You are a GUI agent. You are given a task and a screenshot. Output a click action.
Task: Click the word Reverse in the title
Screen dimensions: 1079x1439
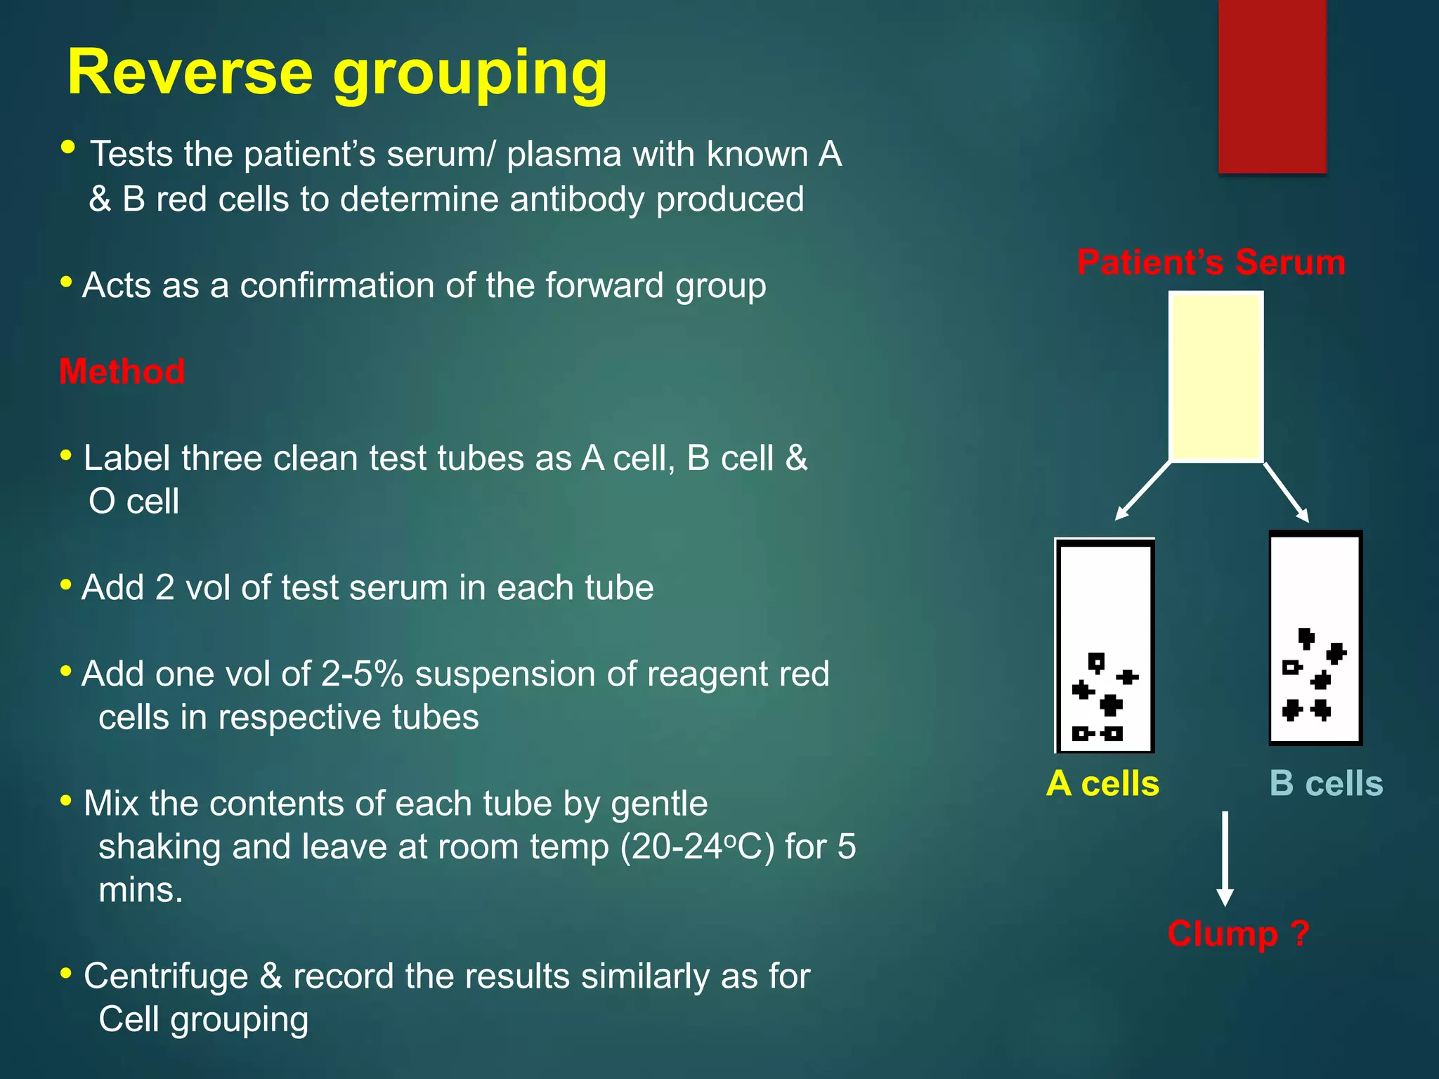pyautogui.click(x=190, y=73)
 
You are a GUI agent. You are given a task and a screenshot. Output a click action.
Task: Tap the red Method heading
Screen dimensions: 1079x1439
pyautogui.click(x=122, y=371)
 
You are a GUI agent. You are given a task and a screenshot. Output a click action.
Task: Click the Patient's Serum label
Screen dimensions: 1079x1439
pyautogui.click(x=1211, y=262)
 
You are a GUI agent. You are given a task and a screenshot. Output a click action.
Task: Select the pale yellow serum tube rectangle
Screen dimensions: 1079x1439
pyautogui.click(x=1216, y=377)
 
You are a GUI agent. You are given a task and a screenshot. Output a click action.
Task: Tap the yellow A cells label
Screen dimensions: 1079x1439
pyautogui.click(x=1102, y=783)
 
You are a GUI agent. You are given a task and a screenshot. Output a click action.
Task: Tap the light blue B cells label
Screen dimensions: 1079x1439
pyautogui.click(x=1326, y=783)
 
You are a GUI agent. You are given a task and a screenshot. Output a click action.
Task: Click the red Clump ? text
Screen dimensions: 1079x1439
pyautogui.click(x=1238, y=934)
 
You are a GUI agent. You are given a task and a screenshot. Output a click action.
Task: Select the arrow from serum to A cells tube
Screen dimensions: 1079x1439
pyautogui.click(x=1143, y=491)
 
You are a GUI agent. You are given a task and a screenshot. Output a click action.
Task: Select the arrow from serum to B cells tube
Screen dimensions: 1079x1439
pyautogui.click(x=1287, y=492)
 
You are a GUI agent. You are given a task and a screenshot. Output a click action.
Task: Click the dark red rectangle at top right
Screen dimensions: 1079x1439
pyautogui.click(x=1272, y=86)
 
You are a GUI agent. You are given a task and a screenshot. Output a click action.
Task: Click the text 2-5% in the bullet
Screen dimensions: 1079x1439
pyautogui.click(x=362, y=674)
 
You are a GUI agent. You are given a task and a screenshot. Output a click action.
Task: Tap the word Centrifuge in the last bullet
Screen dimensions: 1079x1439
pyautogui.click(x=166, y=976)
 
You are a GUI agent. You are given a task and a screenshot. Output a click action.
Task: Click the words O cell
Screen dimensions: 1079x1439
pyautogui.click(x=134, y=502)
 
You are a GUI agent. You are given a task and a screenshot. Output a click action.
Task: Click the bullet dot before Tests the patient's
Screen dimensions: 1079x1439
pyautogui.click(x=68, y=148)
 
